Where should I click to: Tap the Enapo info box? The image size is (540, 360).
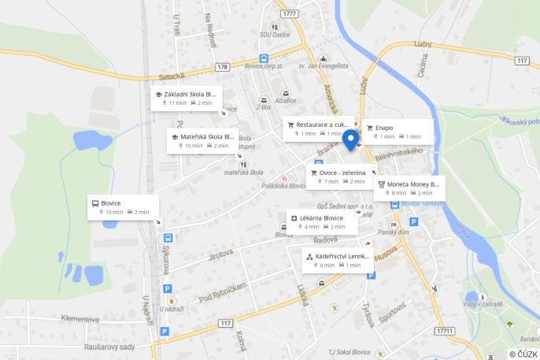tap(398, 132)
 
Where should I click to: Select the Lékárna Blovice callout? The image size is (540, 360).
tap(321, 222)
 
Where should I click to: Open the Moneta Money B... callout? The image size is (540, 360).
tap(409, 187)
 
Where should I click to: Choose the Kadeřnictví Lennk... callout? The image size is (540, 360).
tap(337, 260)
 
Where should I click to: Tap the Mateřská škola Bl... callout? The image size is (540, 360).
tap(202, 140)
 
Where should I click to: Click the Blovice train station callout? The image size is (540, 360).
tap(123, 207)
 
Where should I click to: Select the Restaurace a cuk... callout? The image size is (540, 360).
tap(318, 128)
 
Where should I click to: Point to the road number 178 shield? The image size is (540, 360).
tap(224, 67)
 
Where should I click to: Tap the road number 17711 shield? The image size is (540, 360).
tap(444, 331)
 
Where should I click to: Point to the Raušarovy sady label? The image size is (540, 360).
tap(110, 347)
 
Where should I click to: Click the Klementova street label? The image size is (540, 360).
tap(80, 320)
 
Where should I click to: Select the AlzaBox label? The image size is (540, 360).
tap(285, 101)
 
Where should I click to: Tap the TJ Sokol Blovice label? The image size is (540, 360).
tap(348, 351)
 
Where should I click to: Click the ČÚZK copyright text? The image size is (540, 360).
tap(523, 354)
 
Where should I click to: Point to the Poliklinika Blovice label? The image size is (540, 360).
tap(285, 186)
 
